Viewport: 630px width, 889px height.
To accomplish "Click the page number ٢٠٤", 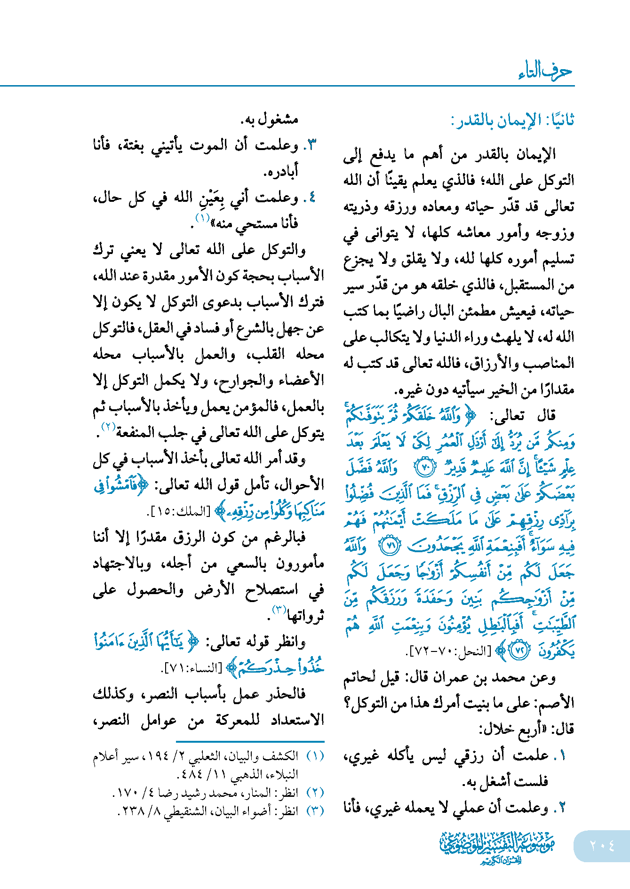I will tap(602, 845).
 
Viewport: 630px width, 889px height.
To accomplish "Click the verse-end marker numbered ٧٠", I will tap(425, 467).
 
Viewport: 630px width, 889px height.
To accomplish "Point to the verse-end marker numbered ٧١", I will tap(390, 546).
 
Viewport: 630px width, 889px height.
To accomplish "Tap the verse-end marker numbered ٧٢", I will tap(520, 651).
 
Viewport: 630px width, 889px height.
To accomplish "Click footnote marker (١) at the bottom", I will tap(315, 756).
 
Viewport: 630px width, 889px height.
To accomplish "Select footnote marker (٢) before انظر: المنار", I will tap(315, 793).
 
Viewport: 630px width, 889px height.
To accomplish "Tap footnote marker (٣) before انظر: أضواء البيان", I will tap(315, 811).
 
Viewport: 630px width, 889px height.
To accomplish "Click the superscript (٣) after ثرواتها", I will tap(279, 611).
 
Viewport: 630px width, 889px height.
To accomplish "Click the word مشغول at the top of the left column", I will tap(279, 119).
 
